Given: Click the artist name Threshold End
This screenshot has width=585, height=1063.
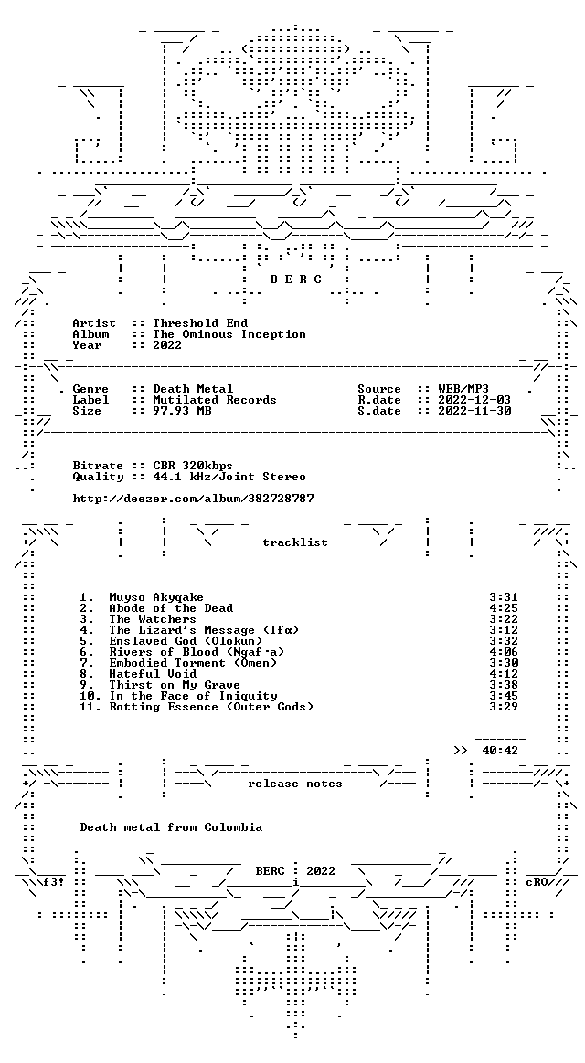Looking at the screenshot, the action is tap(200, 323).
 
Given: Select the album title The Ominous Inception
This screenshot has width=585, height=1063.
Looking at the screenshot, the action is tap(229, 334).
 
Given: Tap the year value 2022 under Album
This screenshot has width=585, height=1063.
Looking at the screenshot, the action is tap(167, 345).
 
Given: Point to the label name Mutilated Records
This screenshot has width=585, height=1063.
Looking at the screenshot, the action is tap(215, 400).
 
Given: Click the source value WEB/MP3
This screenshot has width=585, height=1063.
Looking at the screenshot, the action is tap(463, 389).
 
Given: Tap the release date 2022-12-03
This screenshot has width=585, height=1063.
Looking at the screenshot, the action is tap(474, 400).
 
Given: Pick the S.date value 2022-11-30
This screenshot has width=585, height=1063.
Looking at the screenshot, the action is tap(474, 411).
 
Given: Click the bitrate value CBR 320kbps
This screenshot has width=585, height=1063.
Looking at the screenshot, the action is tap(193, 466).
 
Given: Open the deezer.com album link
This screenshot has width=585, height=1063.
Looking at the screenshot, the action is tap(194, 499).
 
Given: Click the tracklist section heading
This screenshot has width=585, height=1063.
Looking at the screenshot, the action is tap(295, 542).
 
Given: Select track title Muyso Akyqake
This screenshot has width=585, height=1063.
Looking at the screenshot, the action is tap(156, 597).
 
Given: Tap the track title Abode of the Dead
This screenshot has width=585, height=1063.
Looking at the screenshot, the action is tap(171, 608).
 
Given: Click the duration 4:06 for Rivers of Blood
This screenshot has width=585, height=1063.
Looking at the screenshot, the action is tap(504, 652).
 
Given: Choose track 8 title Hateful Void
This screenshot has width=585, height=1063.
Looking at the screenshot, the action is tap(153, 674).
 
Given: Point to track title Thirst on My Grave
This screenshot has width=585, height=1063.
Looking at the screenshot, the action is tap(175, 685).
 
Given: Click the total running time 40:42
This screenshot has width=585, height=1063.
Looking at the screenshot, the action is tap(500, 751).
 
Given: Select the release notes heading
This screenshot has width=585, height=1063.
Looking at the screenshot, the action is tap(295, 784).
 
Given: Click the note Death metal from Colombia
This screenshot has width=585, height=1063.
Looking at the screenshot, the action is tap(171, 827).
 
